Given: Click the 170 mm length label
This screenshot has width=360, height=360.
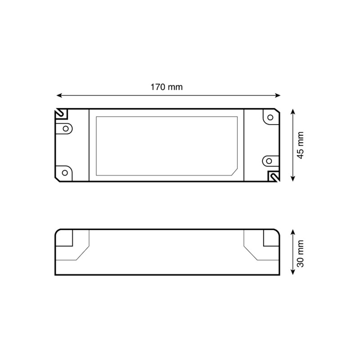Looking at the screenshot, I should pos(166,87).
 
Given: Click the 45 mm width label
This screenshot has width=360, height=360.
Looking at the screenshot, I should pos(301,145).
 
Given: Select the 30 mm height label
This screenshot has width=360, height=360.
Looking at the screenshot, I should pos(301,253).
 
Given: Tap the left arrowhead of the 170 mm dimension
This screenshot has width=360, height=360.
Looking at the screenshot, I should pos(59,95).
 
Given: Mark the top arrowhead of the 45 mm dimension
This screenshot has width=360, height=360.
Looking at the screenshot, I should pos(293,111).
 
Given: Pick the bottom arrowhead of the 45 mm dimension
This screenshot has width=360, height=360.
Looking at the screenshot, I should pos(293,179).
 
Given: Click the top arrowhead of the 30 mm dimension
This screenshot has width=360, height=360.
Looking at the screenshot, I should pos(293,231).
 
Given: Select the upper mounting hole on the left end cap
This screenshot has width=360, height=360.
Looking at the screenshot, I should pos(66,129).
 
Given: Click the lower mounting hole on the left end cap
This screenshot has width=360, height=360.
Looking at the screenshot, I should pos(65,172).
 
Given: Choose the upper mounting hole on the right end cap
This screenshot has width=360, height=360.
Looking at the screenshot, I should pos(270,117).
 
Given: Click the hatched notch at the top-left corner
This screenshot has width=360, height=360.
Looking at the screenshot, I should pos(59,113).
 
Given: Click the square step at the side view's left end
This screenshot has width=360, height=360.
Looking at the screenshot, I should pos(65,238).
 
